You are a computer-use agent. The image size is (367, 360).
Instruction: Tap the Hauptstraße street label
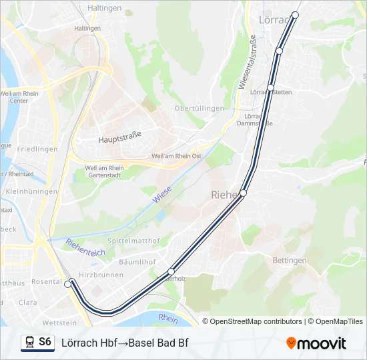[120, 139]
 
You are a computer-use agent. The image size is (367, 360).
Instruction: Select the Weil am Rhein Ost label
[176, 156]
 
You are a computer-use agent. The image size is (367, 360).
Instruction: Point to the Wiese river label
[161, 195]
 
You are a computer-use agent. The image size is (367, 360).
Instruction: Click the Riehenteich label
[85, 247]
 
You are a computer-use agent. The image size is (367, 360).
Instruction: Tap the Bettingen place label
[290, 260]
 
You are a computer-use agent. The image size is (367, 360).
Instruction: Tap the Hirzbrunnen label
[101, 275]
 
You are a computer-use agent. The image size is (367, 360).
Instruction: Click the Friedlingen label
[37, 149]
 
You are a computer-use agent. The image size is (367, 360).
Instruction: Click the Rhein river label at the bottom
[169, 319]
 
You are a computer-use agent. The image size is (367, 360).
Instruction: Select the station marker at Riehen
[243, 193]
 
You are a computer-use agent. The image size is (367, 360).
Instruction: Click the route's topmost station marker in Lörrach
[295, 15]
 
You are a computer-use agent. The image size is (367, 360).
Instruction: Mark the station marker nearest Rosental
[67, 285]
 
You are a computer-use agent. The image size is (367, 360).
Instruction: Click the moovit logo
[316, 343]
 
